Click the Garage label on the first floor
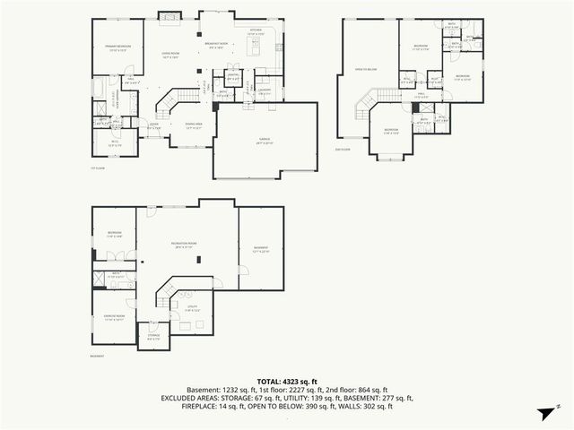click(x=265, y=140)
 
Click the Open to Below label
click(x=364, y=68)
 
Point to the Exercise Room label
click(x=115, y=319)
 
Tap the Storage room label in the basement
click(x=152, y=338)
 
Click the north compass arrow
click(x=544, y=413)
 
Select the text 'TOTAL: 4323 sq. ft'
click(x=287, y=381)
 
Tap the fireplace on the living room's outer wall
click(x=168, y=15)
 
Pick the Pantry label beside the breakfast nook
click(x=233, y=77)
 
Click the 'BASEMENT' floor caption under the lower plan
click(x=97, y=356)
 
